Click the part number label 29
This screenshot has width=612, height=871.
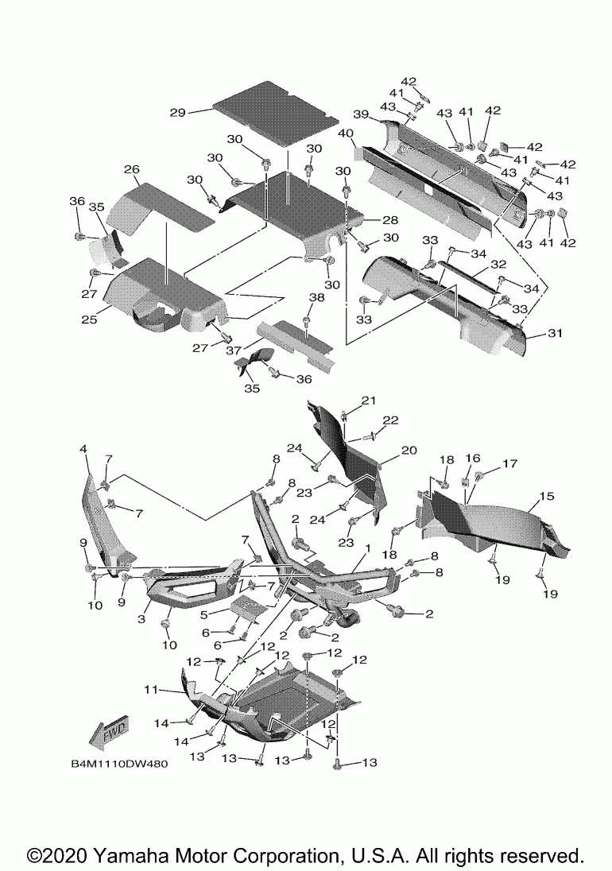(x=177, y=113)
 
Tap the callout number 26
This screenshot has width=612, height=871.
(x=132, y=169)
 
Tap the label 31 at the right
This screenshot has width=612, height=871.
(x=554, y=334)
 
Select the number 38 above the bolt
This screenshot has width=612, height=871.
(x=317, y=296)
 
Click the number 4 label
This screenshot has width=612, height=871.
(x=83, y=450)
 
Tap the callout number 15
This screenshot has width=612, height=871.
(x=546, y=496)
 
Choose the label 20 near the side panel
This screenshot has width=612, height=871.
(x=409, y=450)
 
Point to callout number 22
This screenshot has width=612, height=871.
(x=390, y=420)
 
